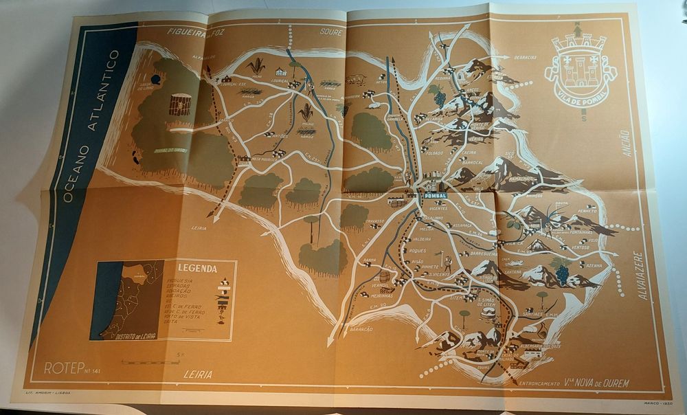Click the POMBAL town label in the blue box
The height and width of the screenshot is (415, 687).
tap(432, 195)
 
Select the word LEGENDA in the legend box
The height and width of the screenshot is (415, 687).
tap(197, 269)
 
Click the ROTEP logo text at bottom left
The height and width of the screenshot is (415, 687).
tap(64, 368)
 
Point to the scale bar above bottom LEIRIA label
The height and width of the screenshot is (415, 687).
tap(150, 362)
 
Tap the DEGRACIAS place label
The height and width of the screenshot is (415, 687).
tap(525, 58)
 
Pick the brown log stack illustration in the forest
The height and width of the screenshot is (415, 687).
tap(179, 105)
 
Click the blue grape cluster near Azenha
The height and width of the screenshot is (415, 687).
tap(562, 273)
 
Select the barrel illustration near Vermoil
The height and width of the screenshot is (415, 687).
tap(385, 278)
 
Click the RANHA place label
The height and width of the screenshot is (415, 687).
tap(370, 260)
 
